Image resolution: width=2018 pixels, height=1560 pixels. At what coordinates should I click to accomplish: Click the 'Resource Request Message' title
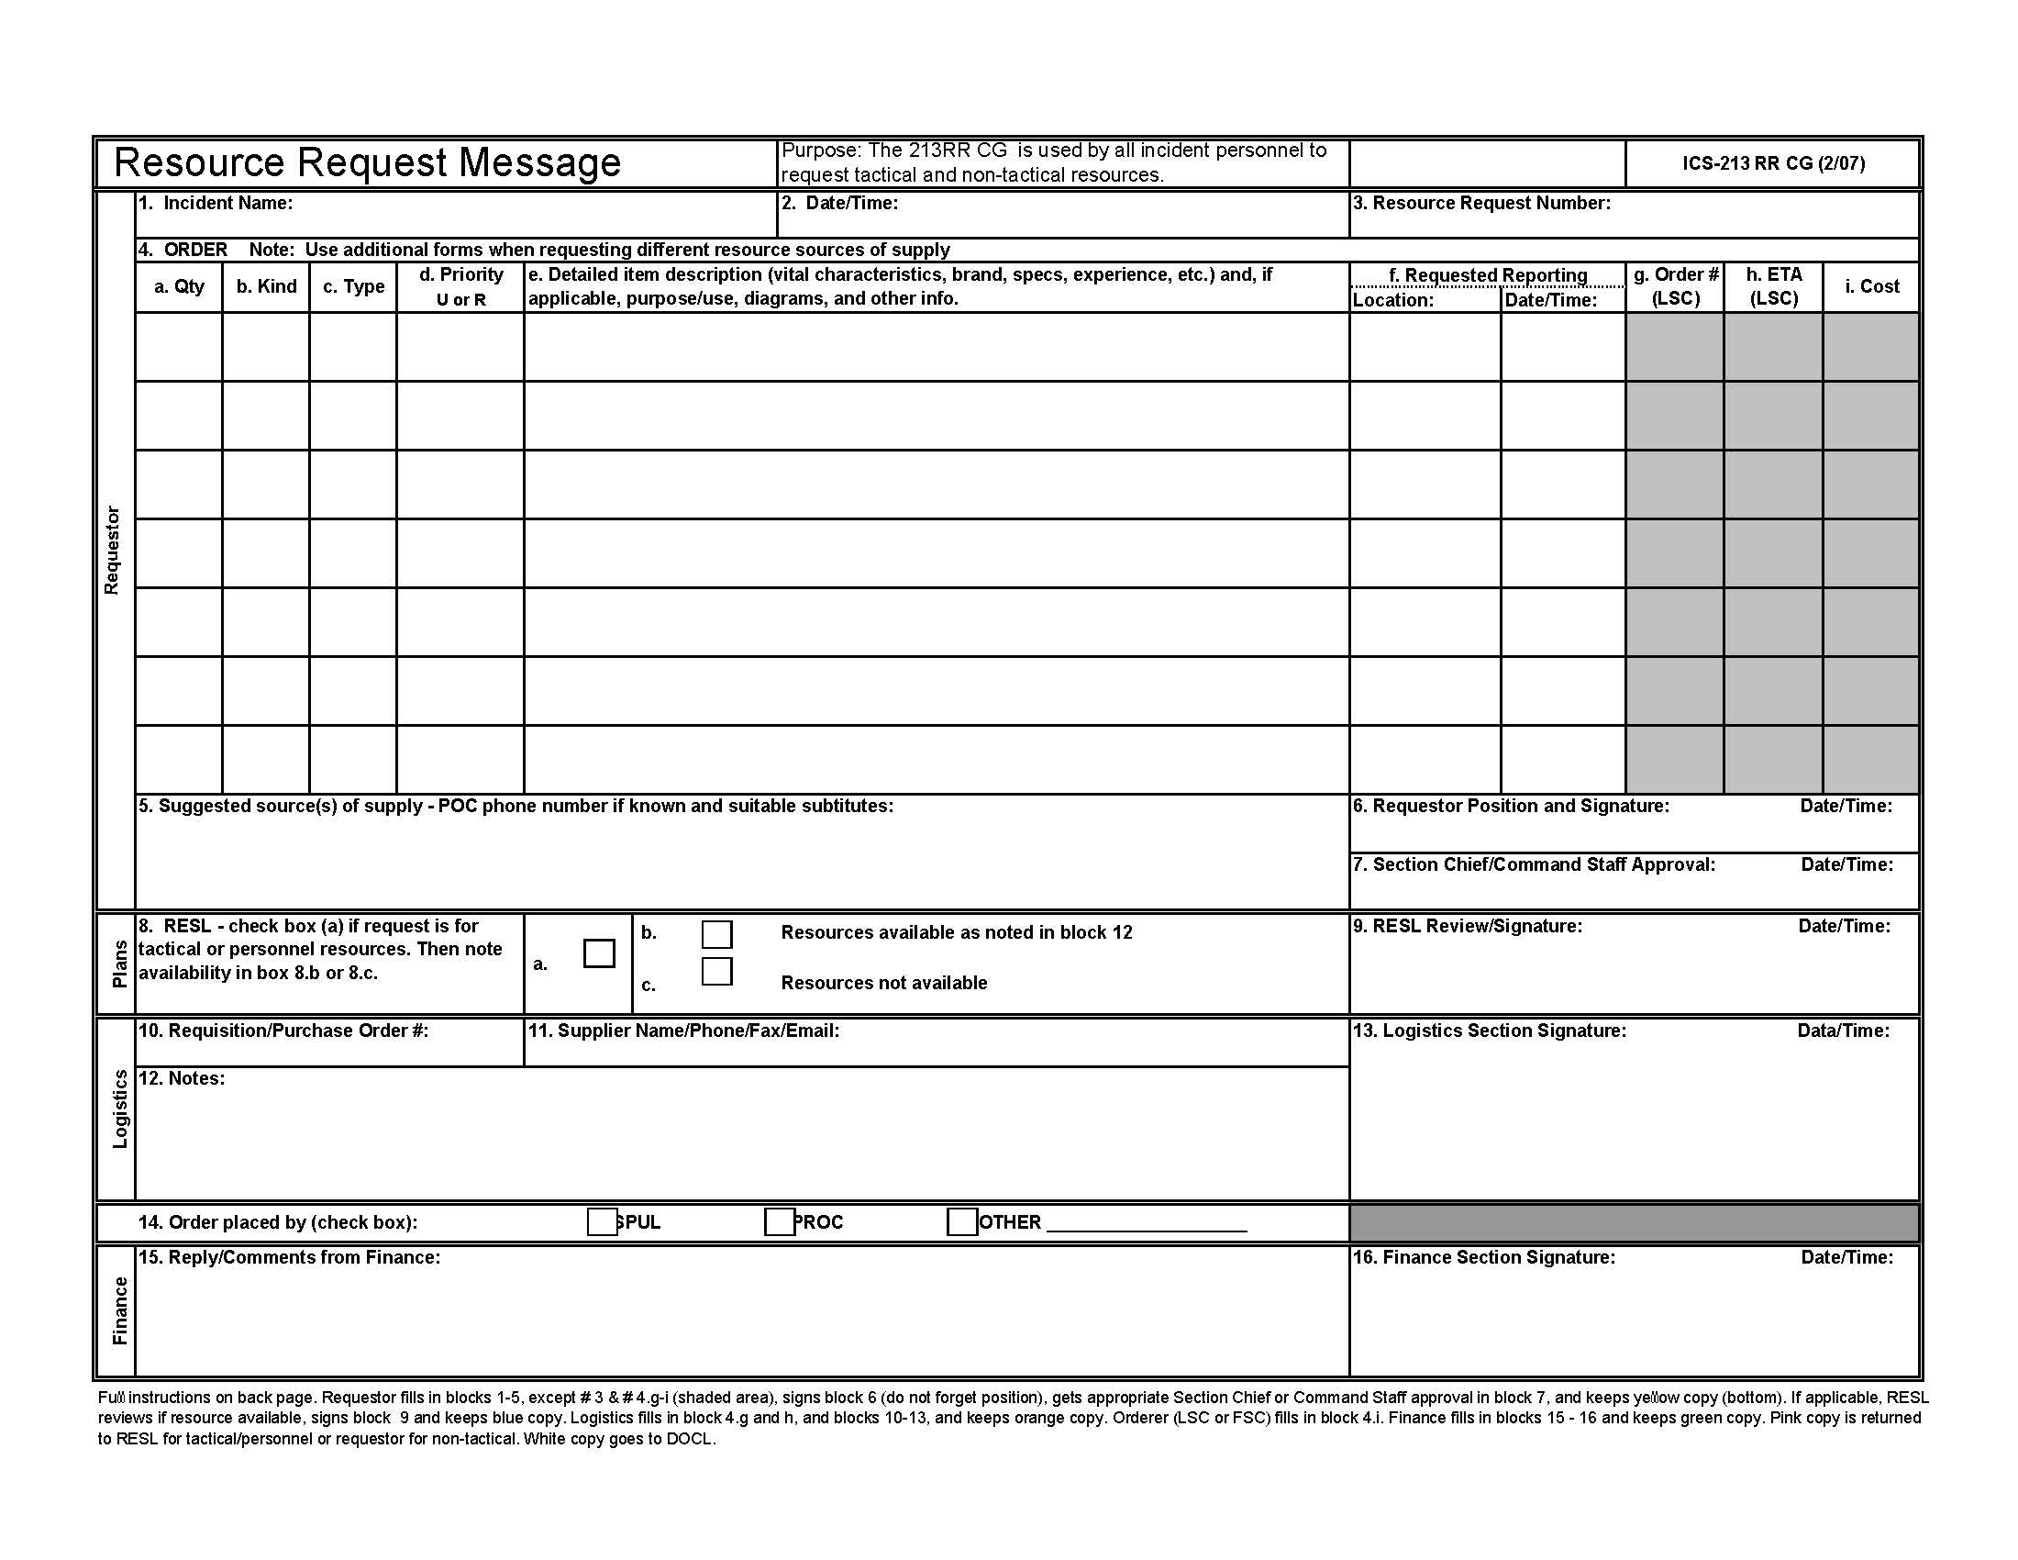(x=367, y=162)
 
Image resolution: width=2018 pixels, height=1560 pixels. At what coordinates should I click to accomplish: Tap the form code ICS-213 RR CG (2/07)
(x=1773, y=163)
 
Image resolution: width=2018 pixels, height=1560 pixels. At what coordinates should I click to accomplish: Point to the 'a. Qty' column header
(x=179, y=286)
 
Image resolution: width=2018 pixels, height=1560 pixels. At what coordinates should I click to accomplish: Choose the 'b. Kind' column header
(x=266, y=286)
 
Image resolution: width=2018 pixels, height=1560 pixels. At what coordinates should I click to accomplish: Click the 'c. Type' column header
(x=353, y=286)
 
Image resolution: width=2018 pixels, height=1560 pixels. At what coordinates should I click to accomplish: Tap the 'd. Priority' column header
(x=460, y=275)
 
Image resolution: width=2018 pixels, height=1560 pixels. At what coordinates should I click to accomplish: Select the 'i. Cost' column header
(x=1871, y=286)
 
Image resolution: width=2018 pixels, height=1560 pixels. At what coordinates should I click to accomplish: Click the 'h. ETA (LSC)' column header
(x=1773, y=286)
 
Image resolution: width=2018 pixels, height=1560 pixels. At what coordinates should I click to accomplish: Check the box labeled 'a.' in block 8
(x=599, y=953)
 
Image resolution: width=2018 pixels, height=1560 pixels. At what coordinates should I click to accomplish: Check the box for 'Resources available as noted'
(x=716, y=933)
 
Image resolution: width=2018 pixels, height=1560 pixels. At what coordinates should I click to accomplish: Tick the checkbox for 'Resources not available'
(x=716, y=971)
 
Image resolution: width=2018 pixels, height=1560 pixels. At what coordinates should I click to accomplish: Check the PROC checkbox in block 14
(x=779, y=1221)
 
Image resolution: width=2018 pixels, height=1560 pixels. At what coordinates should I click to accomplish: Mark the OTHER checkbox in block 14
(x=961, y=1221)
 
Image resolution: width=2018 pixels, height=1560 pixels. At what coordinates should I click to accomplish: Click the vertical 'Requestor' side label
(x=112, y=550)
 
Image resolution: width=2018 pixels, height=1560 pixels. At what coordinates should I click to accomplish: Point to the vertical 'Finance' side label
(x=119, y=1310)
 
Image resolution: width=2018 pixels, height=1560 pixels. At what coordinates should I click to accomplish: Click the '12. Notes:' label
(x=181, y=1078)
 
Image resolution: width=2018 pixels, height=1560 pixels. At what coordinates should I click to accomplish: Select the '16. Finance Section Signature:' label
(x=1484, y=1257)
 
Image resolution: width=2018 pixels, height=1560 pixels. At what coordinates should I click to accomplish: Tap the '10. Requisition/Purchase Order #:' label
(x=283, y=1031)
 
